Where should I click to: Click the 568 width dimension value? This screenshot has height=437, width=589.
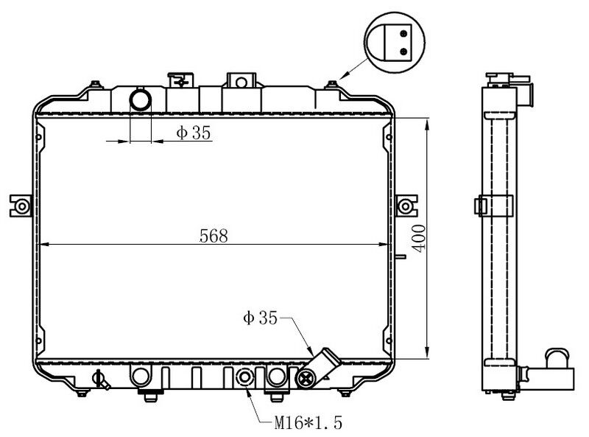[x=214, y=236]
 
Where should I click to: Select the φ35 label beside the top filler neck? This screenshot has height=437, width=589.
[x=193, y=133]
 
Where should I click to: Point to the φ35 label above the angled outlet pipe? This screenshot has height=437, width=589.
[x=259, y=318]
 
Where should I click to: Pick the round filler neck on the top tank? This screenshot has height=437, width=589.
[x=140, y=99]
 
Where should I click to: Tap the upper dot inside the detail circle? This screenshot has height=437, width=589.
[x=403, y=32]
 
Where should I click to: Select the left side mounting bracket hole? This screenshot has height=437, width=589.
[x=21, y=205]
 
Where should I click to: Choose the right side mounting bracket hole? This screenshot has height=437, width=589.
[x=405, y=205]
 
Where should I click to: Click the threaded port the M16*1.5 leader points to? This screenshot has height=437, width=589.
[x=244, y=379]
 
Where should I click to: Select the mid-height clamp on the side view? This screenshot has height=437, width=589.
[x=494, y=206]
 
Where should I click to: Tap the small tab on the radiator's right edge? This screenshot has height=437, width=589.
[x=400, y=257]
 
